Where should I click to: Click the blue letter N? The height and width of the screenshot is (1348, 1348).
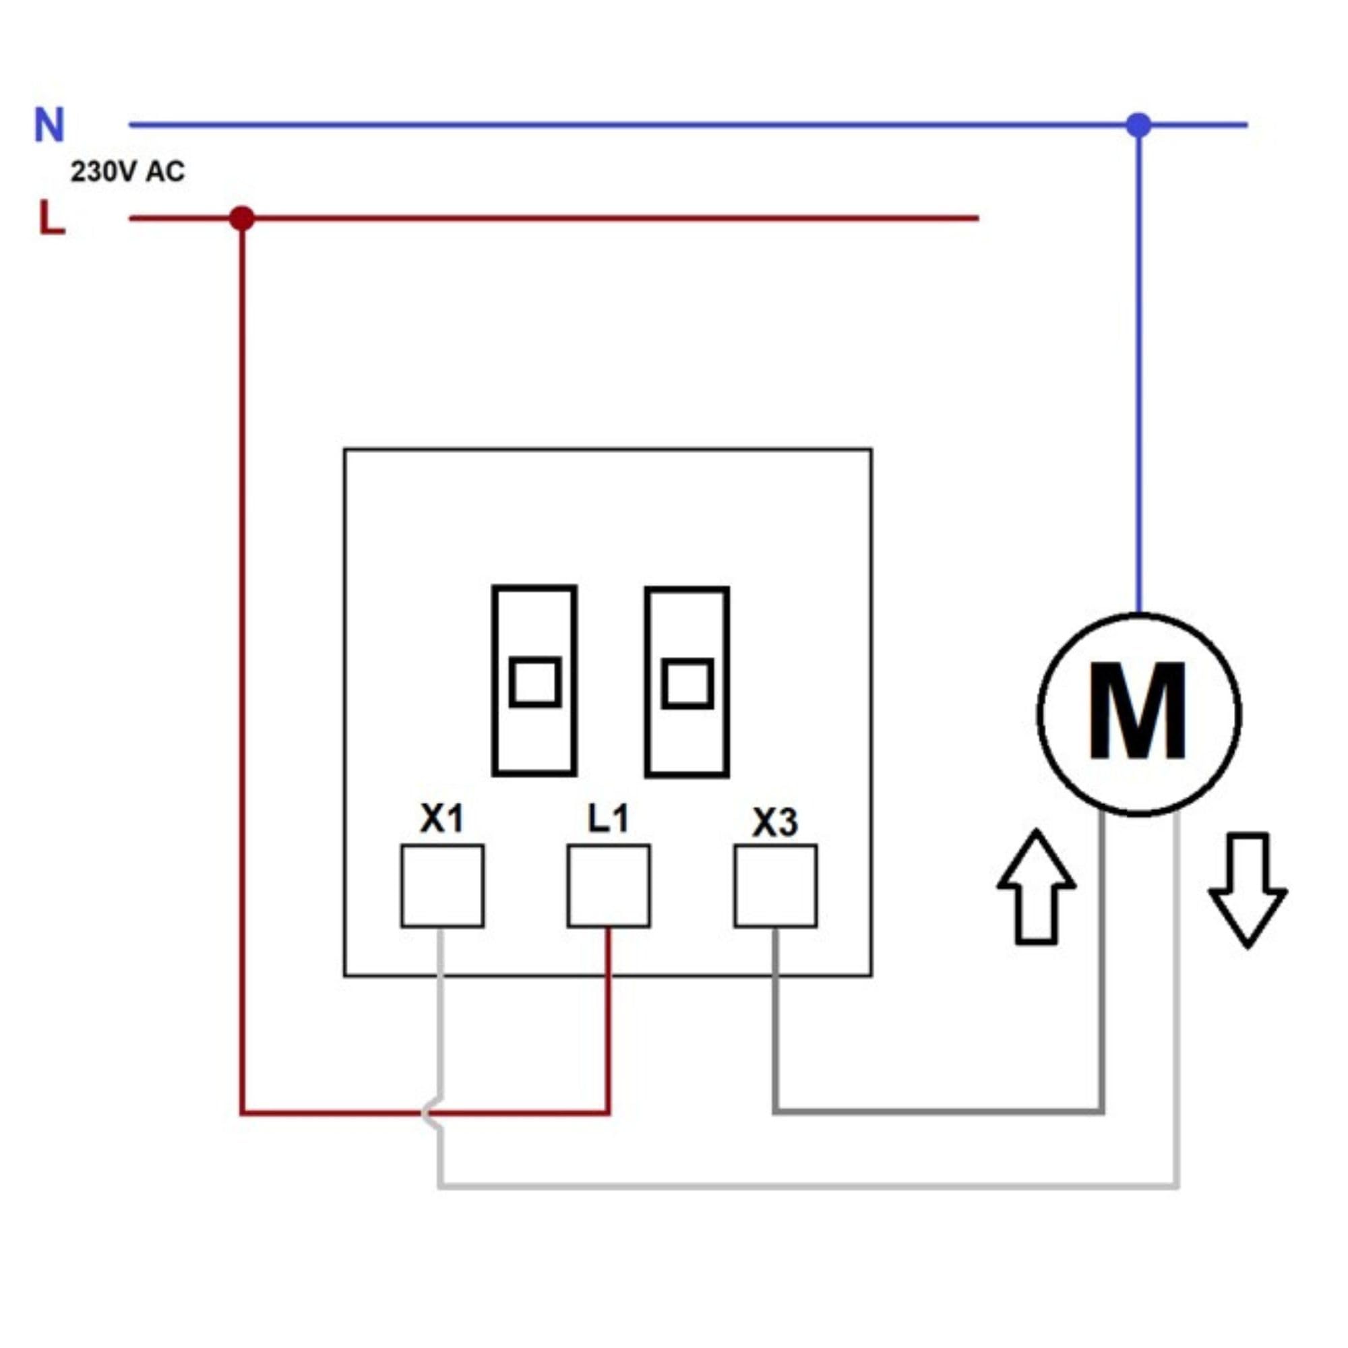(49, 125)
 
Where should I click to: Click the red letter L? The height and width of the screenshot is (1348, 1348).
(52, 218)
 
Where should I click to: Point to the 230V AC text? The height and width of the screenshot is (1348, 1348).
(127, 172)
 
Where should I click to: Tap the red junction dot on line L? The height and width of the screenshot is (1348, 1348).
(242, 218)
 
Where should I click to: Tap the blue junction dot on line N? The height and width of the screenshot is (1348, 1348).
(1138, 125)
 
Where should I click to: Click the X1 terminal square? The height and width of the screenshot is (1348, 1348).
(442, 886)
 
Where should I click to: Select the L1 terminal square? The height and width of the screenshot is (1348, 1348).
(609, 886)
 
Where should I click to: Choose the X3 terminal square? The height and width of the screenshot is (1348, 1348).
(776, 886)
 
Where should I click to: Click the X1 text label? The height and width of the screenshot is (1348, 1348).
(441, 818)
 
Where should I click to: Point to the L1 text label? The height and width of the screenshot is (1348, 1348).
(609, 818)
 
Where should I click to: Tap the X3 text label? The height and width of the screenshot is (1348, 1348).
(775, 822)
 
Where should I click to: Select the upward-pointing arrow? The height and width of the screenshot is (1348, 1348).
(1037, 887)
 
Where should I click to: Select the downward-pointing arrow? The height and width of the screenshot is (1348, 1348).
(1248, 890)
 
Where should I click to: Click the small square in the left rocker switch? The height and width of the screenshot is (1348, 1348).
(535, 681)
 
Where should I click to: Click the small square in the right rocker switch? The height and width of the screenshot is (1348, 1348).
(688, 683)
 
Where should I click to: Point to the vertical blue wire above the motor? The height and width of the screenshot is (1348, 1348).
(1138, 370)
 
